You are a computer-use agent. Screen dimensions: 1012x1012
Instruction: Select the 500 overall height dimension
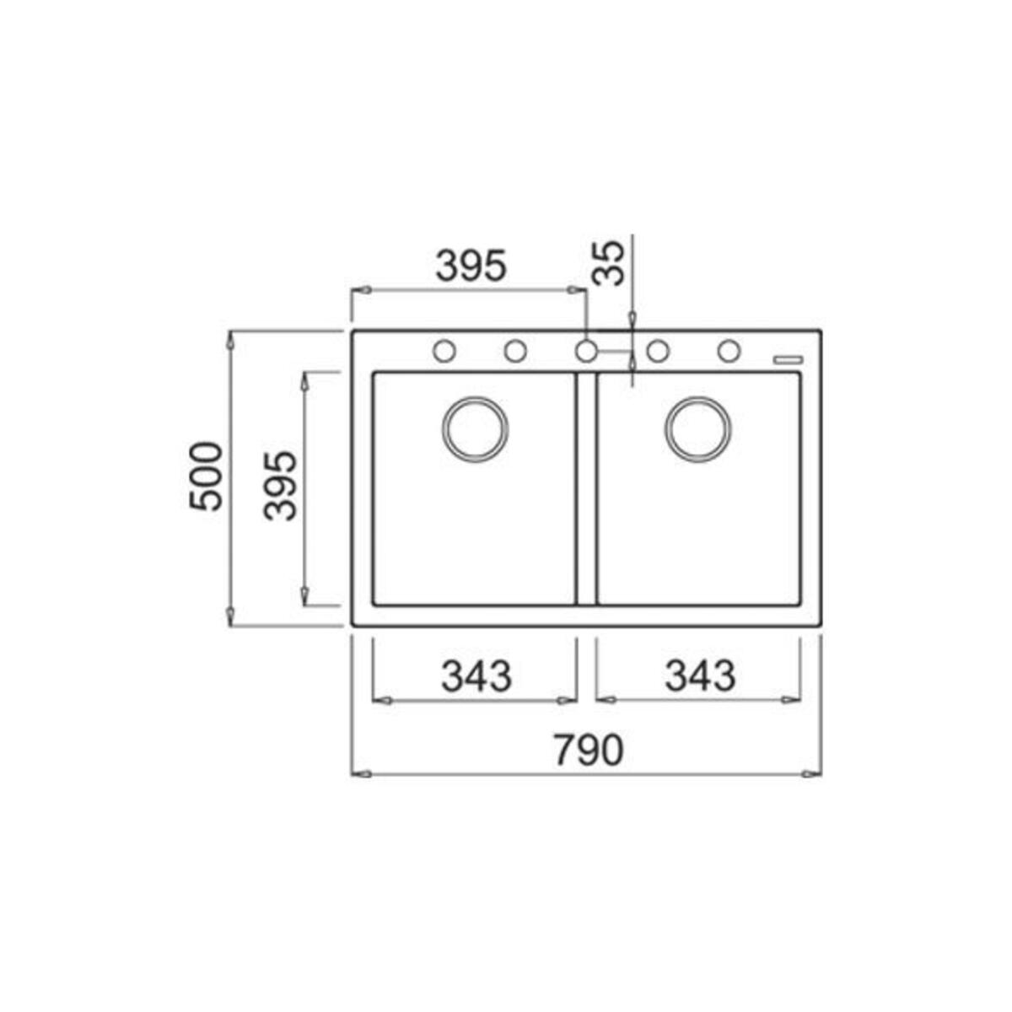(x=206, y=476)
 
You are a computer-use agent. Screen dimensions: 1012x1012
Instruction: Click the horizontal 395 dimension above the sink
(x=471, y=266)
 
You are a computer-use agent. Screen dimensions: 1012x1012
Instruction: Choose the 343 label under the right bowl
(x=700, y=676)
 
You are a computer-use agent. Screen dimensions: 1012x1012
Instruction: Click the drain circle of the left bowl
(x=475, y=428)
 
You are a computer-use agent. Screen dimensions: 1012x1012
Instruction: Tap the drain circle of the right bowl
(x=698, y=428)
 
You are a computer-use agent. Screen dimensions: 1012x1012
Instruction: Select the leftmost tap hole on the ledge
(x=444, y=350)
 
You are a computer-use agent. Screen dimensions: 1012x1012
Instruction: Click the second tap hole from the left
(x=516, y=350)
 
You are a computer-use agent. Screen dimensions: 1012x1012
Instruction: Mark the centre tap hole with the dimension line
(x=587, y=350)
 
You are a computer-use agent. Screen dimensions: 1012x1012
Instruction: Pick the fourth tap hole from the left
(x=659, y=350)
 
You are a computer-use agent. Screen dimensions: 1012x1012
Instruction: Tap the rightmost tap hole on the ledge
(x=729, y=350)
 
